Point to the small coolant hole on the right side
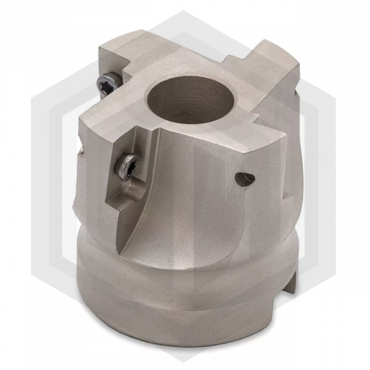click(243, 180)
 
